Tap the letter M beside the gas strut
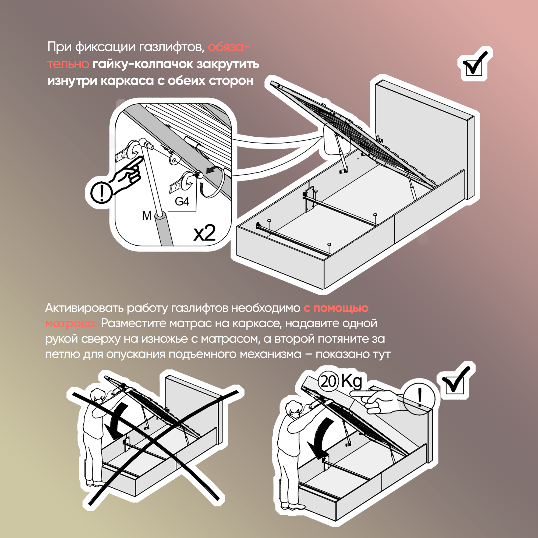147,216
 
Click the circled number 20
329,381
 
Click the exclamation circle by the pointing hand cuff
101,192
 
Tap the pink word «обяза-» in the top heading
229,47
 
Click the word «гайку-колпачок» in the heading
143,64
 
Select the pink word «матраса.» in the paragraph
71,323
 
